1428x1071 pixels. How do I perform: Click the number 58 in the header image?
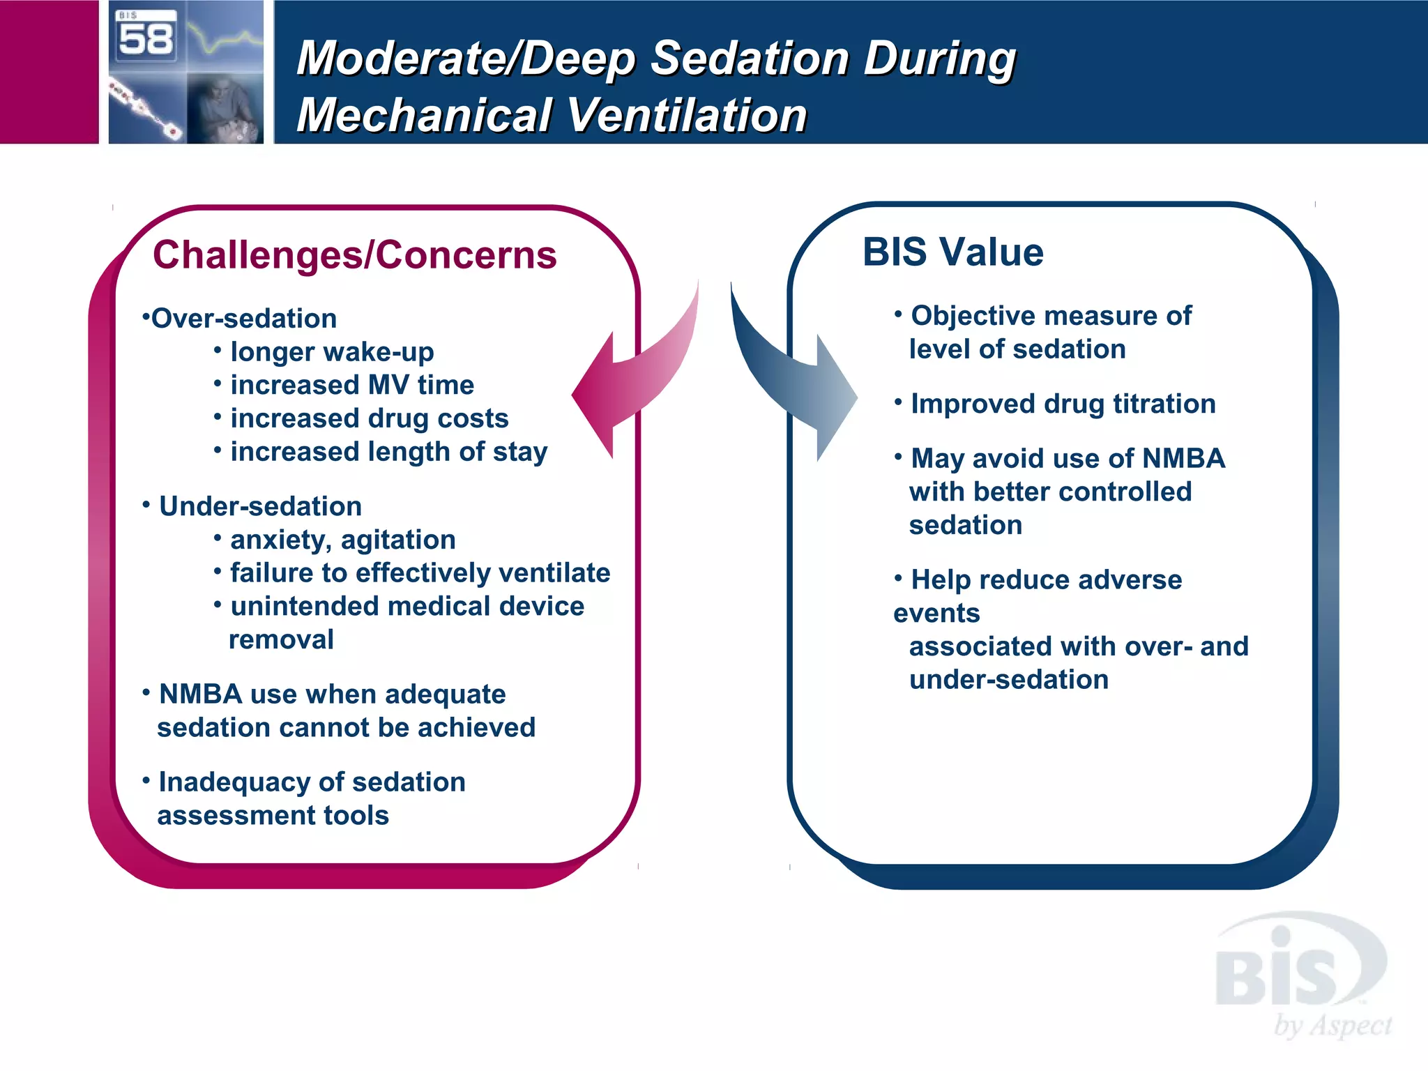tap(145, 39)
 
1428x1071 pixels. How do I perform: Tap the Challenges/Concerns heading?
tap(355, 255)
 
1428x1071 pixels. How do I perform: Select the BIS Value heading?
tap(952, 252)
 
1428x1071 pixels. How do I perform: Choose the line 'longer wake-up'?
tap(332, 352)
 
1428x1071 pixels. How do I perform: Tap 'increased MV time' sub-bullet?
tap(352, 385)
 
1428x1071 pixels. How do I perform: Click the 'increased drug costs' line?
tap(370, 418)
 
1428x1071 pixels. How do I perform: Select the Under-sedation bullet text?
tap(260, 506)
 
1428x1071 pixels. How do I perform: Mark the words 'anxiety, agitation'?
tap(343, 540)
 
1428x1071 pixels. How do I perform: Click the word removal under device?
tap(281, 639)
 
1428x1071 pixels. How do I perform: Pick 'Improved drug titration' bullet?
tap(1063, 404)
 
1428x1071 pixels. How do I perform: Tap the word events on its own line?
tap(936, 614)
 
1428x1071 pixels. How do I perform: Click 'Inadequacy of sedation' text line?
tap(312, 782)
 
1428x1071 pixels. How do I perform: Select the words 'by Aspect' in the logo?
tap(1332, 1026)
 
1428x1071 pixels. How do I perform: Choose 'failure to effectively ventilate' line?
tap(420, 573)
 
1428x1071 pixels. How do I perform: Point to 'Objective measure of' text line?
tap(1051, 316)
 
